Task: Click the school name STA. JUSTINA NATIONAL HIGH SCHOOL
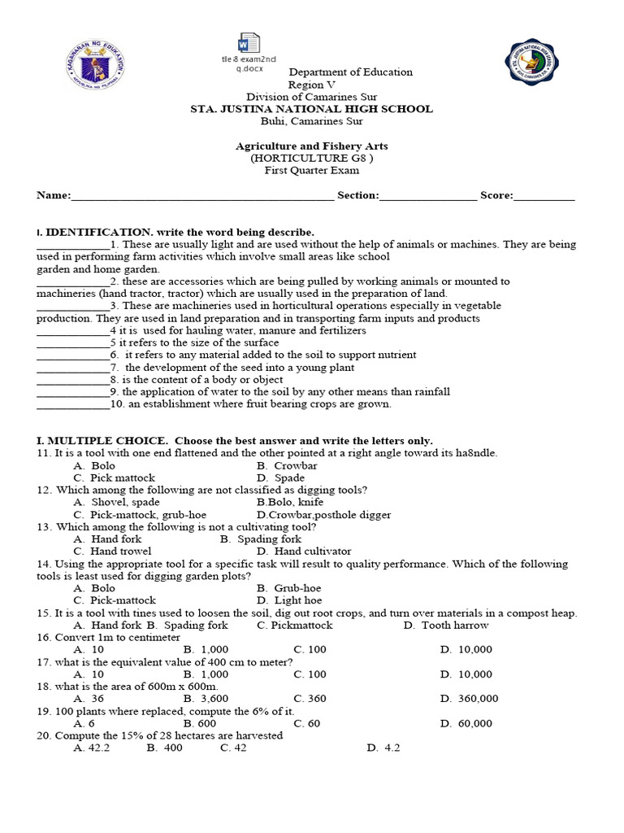(x=311, y=109)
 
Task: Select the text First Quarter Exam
(x=311, y=170)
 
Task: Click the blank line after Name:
(x=201, y=196)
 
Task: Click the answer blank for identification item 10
(x=72, y=404)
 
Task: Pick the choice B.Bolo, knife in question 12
(x=296, y=503)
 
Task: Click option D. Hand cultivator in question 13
(x=304, y=552)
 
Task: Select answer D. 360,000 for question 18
(x=470, y=699)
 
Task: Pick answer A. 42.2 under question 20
(x=91, y=748)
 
